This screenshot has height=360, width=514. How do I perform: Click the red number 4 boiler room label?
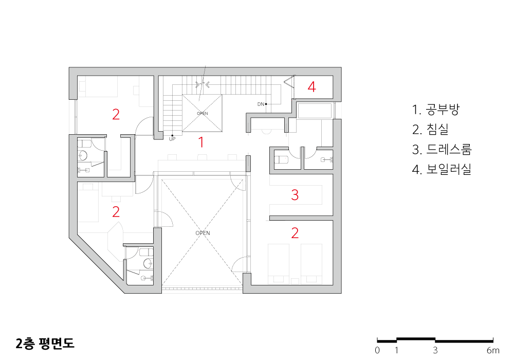pyautogui.click(x=312, y=87)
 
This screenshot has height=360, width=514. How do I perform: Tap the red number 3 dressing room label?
pyautogui.click(x=295, y=195)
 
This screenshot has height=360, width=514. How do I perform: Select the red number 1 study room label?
pyautogui.click(x=201, y=142)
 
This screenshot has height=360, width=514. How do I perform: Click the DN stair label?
pyautogui.click(x=261, y=104)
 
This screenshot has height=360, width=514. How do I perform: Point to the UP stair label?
pyautogui.click(x=172, y=139)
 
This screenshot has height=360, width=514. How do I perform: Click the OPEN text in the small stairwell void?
pyautogui.click(x=202, y=114)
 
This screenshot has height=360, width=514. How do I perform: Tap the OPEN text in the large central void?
pyautogui.click(x=203, y=233)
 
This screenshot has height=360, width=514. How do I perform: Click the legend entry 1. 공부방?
pyautogui.click(x=436, y=110)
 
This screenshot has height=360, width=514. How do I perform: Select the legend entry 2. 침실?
pyautogui.click(x=430, y=130)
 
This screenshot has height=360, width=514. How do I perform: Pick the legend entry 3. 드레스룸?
pyautogui.click(x=442, y=150)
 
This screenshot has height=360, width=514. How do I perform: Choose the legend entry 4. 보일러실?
pyautogui.click(x=442, y=170)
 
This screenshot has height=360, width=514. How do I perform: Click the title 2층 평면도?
pyautogui.click(x=45, y=343)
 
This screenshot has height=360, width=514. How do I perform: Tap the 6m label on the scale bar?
pyautogui.click(x=493, y=351)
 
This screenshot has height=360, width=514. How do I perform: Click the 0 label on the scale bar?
pyautogui.click(x=377, y=351)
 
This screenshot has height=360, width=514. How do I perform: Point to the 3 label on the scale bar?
pyautogui.click(x=435, y=351)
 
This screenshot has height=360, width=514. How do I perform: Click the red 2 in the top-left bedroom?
pyautogui.click(x=116, y=114)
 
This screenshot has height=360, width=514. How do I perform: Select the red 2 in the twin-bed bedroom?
pyautogui.click(x=295, y=233)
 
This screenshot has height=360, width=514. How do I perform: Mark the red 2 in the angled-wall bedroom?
pyautogui.click(x=116, y=212)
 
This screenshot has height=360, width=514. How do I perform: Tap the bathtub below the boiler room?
pyautogui.click(x=315, y=111)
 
